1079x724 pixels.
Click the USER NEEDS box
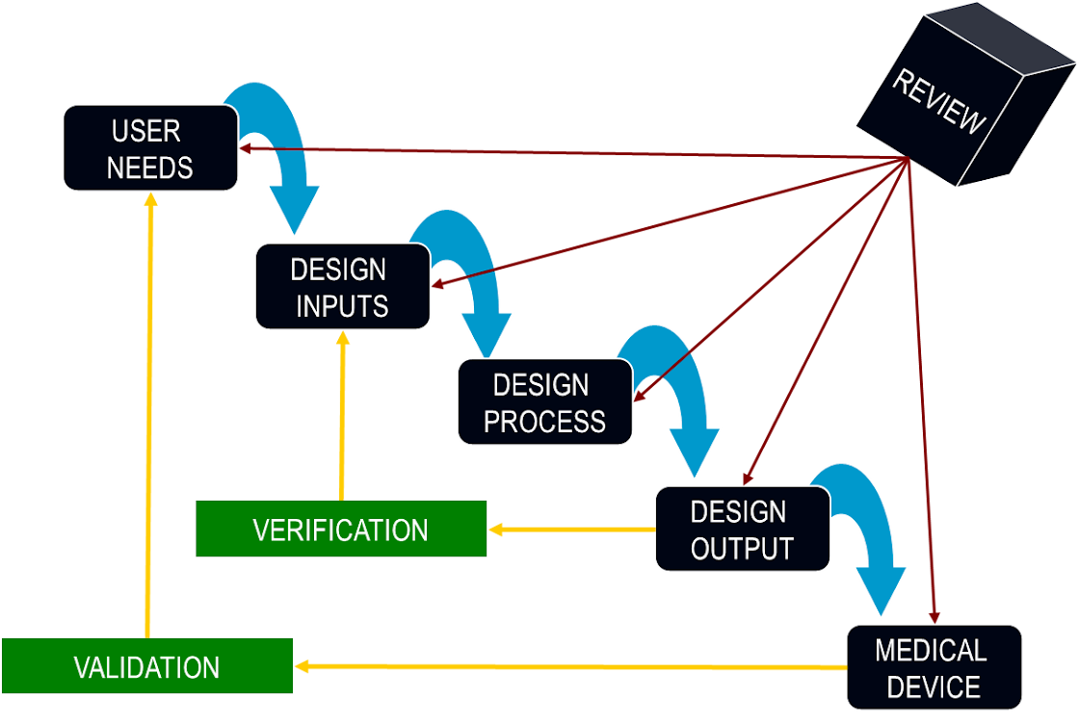point(149,147)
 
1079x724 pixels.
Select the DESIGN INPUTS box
point(341,286)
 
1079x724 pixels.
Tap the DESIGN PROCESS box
point(544,401)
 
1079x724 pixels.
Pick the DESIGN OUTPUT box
point(742,529)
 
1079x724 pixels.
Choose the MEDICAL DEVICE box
point(934,667)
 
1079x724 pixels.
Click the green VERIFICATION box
point(341,529)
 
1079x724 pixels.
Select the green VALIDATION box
point(146,666)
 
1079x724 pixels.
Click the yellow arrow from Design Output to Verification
point(572,529)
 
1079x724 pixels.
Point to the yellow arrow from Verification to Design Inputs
point(342,414)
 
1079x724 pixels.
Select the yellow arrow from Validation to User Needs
point(149,414)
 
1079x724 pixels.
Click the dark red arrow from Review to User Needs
point(578,153)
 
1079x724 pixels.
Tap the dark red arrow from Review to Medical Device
point(920,385)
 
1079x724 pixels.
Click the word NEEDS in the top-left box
point(149,167)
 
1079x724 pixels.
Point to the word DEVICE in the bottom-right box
point(934,687)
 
